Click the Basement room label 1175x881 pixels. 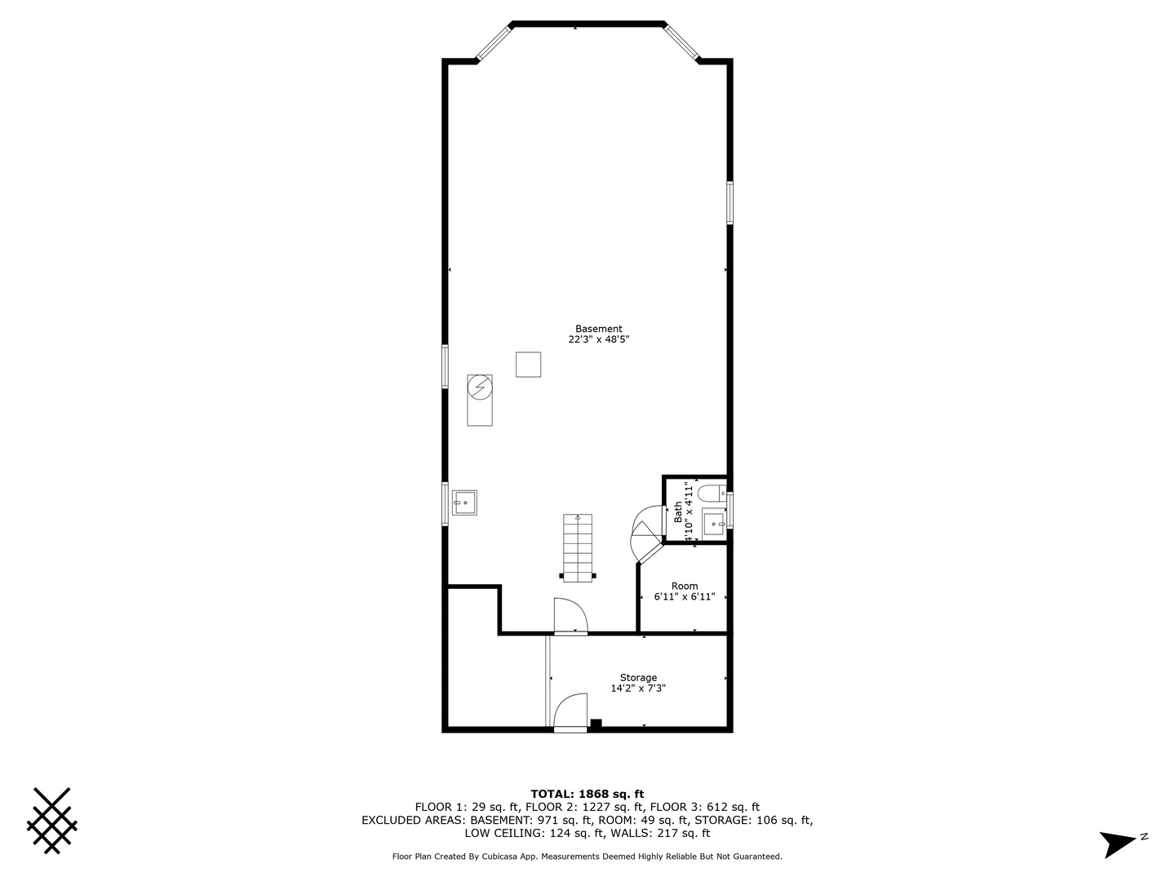click(598, 329)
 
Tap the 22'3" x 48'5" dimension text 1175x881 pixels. click(598, 339)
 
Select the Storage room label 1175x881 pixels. click(638, 677)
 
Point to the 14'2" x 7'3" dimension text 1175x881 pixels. click(638, 688)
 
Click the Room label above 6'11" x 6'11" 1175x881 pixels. click(685, 586)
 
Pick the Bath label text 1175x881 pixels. click(678, 511)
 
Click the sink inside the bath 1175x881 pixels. click(714, 522)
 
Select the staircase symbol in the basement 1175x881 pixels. click(578, 547)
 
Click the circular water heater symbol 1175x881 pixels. click(480, 386)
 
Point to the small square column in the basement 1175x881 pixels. click(528, 364)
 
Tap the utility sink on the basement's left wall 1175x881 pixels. click(464, 502)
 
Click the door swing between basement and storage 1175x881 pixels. click(570, 615)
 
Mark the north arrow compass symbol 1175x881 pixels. click(1120, 842)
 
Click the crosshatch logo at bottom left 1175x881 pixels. click(51, 821)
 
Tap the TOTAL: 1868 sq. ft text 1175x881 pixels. click(587, 794)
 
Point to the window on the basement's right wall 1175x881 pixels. click(729, 202)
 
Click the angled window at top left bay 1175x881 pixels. click(493, 42)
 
